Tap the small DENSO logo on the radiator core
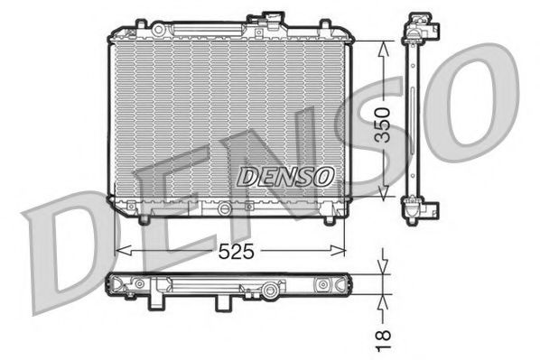pos(284,177)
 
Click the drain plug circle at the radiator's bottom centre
pos(221,208)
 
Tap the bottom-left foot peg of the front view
pos(144,218)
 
